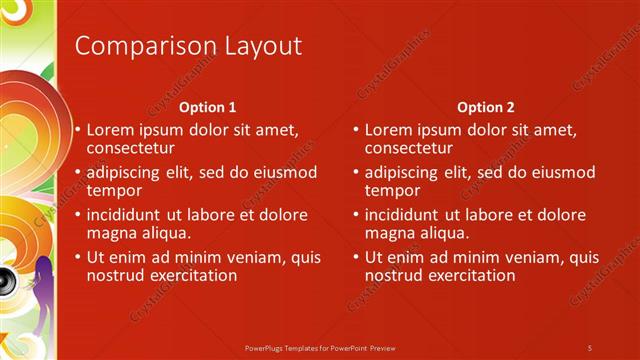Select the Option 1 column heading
pyautogui.click(x=208, y=107)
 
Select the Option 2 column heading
pyautogui.click(x=486, y=107)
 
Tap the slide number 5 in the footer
pyautogui.click(x=590, y=347)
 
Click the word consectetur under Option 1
pyautogui.click(x=131, y=148)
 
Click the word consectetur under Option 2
pyautogui.click(x=409, y=148)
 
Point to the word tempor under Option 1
pyautogui.click(x=113, y=190)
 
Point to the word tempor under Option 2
pyautogui.click(x=391, y=190)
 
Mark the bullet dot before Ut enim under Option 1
pyautogui.click(x=78, y=257)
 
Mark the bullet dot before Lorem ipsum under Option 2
pyautogui.click(x=356, y=131)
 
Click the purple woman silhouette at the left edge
pyautogui.click(x=43, y=295)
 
